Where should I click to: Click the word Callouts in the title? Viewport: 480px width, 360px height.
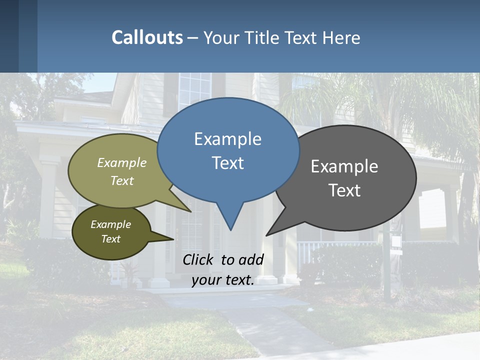pos(147,37)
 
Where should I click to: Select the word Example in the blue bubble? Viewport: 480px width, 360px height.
pos(227,139)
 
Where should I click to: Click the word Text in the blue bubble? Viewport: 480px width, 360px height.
pos(227,163)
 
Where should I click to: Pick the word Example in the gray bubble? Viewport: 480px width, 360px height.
pos(344,166)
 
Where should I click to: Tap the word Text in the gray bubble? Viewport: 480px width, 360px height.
pos(344,190)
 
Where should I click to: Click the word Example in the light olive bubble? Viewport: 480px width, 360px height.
pos(122,162)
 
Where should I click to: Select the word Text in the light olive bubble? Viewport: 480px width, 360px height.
pos(122,180)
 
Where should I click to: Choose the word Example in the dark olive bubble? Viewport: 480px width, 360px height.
pos(110,224)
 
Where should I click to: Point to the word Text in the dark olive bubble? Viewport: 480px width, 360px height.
pos(110,239)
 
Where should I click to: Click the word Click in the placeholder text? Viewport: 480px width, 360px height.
pos(199,259)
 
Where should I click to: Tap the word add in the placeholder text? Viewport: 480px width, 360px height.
pos(251,259)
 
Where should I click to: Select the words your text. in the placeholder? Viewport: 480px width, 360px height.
pos(223,280)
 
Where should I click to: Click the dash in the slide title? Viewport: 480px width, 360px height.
pos(193,37)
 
